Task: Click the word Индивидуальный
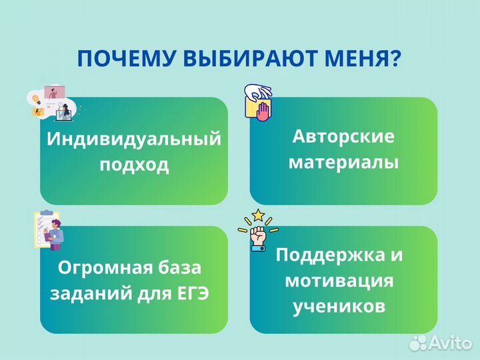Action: coord(134,139)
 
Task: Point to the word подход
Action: coord(134,165)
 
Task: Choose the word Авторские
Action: coord(343,137)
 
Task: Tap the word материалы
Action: coord(343,162)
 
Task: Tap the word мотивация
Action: coord(339,280)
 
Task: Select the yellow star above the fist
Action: coord(258,215)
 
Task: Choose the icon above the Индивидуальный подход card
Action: coord(51,103)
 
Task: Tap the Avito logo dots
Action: coord(418,343)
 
